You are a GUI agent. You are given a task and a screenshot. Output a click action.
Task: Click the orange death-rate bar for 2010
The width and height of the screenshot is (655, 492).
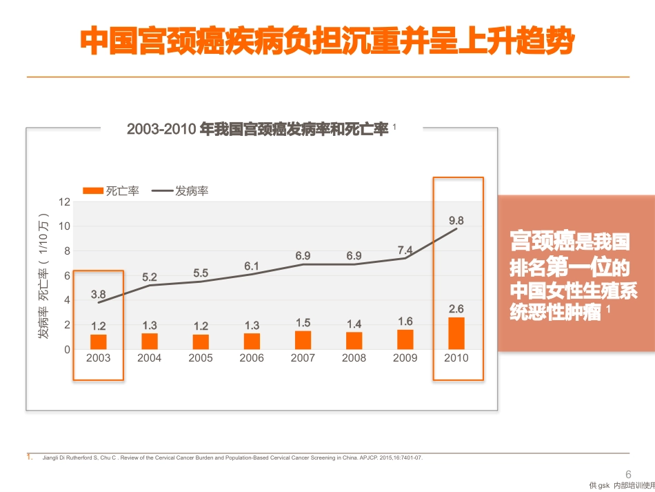(456, 333)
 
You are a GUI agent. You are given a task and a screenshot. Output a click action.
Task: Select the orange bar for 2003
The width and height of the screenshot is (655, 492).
(98, 342)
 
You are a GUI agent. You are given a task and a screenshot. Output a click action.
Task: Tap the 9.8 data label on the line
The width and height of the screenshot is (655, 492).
(456, 220)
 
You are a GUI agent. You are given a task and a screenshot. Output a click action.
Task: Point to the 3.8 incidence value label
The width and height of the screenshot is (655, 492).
(98, 294)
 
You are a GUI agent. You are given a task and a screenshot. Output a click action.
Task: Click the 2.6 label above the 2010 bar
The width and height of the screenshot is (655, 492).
(456, 309)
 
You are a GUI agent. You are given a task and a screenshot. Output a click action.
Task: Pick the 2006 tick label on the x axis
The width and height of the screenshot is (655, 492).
(252, 358)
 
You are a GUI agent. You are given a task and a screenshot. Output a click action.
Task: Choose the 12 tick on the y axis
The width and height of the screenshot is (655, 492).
(64, 202)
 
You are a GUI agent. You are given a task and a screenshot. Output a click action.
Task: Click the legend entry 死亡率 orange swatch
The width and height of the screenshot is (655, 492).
(93, 191)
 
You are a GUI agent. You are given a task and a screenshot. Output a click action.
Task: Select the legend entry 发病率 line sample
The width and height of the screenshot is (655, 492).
(162, 191)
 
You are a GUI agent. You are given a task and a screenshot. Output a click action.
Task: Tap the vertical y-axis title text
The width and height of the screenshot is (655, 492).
(43, 276)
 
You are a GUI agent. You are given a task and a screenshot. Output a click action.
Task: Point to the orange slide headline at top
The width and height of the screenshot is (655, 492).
(327, 41)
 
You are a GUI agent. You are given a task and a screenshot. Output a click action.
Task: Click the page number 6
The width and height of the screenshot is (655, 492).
(628, 475)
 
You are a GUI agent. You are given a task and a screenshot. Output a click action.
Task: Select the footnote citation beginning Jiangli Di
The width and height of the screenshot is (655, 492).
(232, 457)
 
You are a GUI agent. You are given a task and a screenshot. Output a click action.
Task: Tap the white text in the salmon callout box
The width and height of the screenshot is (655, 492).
(573, 276)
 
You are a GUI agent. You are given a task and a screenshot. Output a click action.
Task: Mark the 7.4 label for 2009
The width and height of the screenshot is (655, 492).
(405, 250)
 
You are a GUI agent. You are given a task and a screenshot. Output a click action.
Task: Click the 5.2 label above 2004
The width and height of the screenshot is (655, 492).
(149, 277)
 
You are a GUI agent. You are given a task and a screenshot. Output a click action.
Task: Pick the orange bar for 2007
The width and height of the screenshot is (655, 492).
(303, 340)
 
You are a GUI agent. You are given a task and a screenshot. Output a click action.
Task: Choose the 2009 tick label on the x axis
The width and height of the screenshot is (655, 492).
(405, 358)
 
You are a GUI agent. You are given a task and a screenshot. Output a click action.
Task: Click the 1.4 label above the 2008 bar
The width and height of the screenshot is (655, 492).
(354, 324)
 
